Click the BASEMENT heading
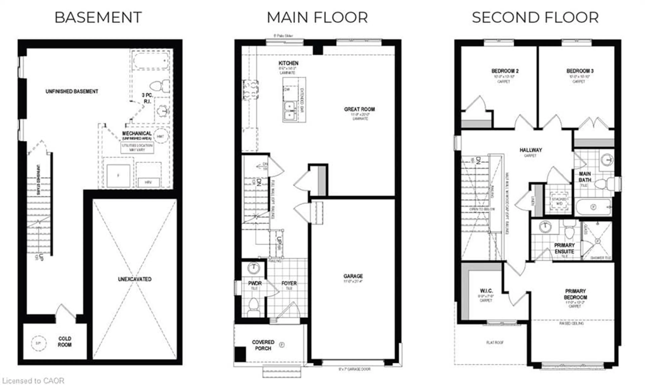click(98, 18)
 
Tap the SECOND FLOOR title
click(535, 18)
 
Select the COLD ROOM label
click(64, 342)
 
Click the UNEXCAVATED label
click(135, 279)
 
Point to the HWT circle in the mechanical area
click(161, 136)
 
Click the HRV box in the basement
click(148, 182)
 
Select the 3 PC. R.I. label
click(147, 98)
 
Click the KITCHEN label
click(288, 63)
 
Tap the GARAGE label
click(353, 276)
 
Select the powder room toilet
click(253, 306)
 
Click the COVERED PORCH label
click(263, 345)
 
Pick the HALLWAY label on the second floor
click(531, 150)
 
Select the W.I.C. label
click(486, 291)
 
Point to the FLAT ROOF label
click(495, 342)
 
